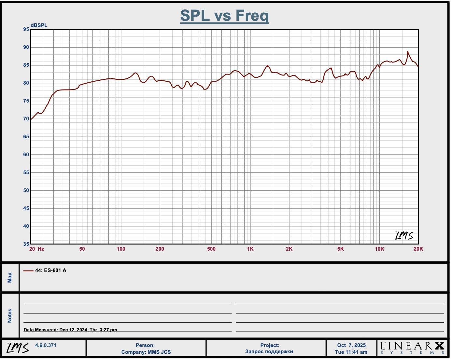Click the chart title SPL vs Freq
tap(224, 16)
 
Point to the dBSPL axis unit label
tap(39, 25)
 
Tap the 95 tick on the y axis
tap(26, 29)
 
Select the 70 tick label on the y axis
tap(26, 119)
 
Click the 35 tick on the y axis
tap(26, 244)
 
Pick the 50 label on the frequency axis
tap(82, 249)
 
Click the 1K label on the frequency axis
tap(250, 249)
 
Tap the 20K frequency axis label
tap(418, 249)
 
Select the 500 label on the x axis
tap(211, 249)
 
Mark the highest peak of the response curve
tap(407, 51)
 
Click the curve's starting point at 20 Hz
tap(31, 119)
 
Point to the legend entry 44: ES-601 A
tap(50, 270)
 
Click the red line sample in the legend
tap(28, 270)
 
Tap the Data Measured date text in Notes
tap(70, 330)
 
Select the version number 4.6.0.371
tap(46, 345)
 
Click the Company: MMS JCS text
tap(146, 352)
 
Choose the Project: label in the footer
tap(269, 345)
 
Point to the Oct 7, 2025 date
tap(351, 345)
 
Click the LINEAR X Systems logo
tap(412, 348)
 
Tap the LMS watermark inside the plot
tap(404, 236)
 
